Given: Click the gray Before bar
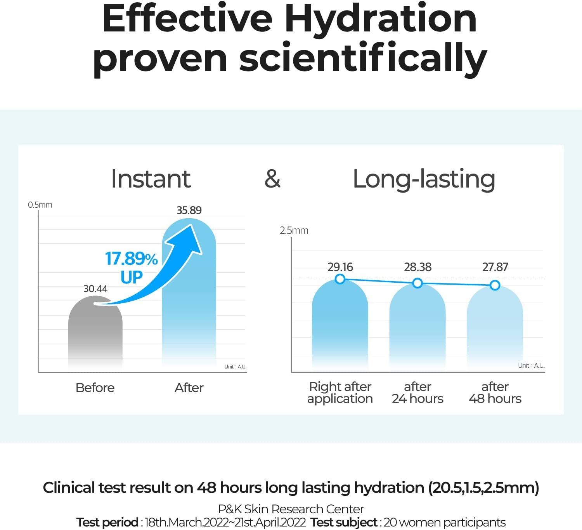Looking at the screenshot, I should coord(95,334).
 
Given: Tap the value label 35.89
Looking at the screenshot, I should coord(189,210).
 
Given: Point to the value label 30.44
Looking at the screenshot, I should coord(95,289).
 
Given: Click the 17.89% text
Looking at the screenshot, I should coord(131,259).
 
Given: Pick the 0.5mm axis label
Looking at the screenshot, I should coord(40,205).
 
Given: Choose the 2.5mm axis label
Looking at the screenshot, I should coord(294,231).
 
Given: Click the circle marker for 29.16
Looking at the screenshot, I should coord(340,279).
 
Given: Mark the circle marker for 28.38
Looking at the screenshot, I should coord(417,283).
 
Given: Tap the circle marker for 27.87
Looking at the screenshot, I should coord(495,285).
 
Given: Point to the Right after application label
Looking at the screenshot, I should coord(340,393).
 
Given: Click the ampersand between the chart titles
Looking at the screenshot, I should coord(272,179).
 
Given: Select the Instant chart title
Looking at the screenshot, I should coord(151,179).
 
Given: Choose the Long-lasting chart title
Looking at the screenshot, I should coord(424,179).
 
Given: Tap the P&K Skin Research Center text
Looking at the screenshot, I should coord(291,509).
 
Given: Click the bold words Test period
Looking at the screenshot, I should coord(107,522).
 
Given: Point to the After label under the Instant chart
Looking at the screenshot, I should coord(189,388).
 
